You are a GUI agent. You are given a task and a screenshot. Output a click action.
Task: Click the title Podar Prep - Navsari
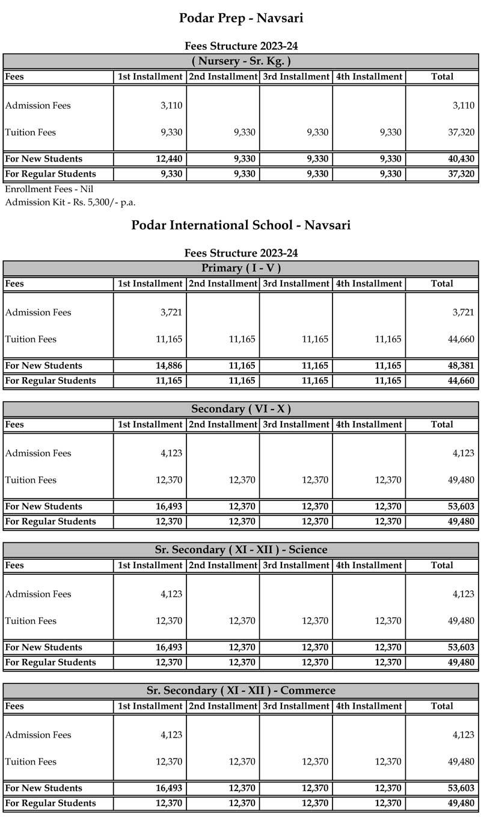[x=240, y=18]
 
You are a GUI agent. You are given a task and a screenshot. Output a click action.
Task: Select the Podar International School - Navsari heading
[x=240, y=225]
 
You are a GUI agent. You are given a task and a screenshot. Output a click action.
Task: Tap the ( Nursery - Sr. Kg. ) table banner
[x=240, y=61]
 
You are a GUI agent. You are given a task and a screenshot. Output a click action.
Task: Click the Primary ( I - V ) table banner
[x=240, y=268]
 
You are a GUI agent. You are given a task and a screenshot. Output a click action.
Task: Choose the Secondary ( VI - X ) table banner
[x=240, y=409]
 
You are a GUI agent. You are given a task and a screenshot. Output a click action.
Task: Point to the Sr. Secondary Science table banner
[x=240, y=550]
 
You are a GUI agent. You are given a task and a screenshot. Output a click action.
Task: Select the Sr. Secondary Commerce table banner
[x=240, y=691]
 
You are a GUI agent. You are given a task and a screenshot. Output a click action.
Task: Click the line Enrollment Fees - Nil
[x=49, y=189]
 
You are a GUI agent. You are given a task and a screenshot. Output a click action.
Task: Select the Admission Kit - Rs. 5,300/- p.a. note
[x=70, y=202]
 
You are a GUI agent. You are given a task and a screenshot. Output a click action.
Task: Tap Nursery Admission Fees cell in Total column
[x=463, y=106]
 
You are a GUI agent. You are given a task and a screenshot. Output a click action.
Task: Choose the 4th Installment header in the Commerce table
[x=369, y=706]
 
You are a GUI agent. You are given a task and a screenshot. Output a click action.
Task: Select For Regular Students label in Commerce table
[x=50, y=804]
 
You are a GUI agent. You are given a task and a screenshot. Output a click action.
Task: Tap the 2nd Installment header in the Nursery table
[x=223, y=77]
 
